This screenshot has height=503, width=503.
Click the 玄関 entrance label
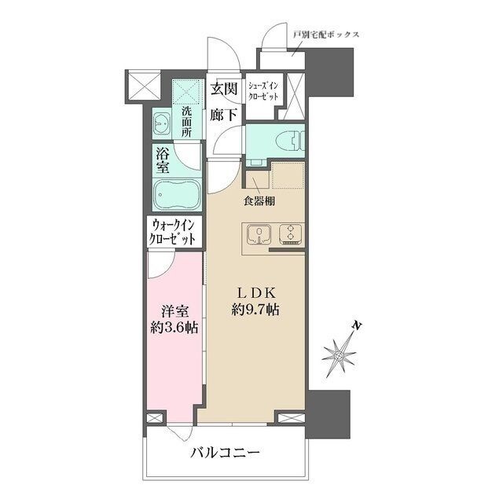coord(224,89)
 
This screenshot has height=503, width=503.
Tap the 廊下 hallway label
coord(224,115)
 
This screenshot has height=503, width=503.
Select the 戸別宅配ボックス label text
coord(326,35)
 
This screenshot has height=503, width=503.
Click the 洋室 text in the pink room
coord(167,310)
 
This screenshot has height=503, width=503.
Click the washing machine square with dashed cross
coord(187,93)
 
